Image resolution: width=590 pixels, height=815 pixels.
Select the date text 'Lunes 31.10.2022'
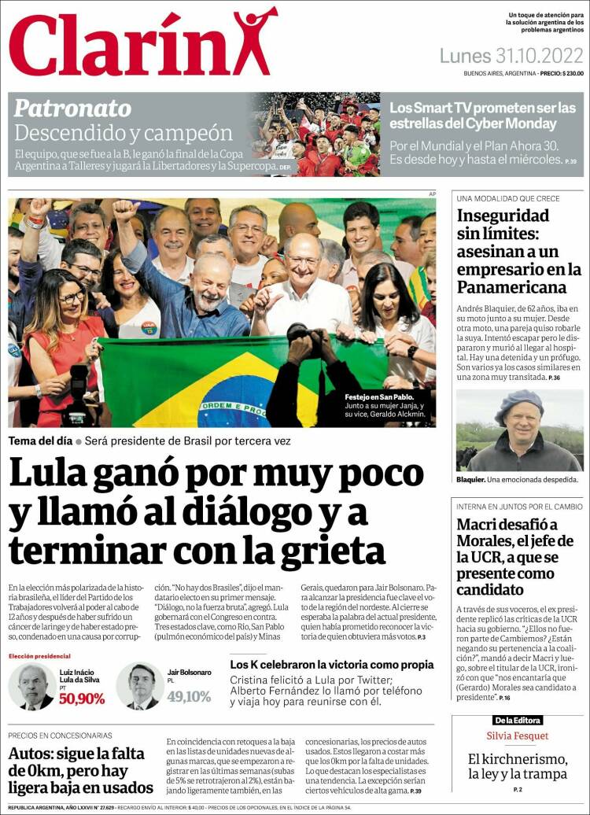coord(511,56)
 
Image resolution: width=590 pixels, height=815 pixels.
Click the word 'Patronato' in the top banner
coord(72,108)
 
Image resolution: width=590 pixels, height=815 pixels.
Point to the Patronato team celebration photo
coord(315,135)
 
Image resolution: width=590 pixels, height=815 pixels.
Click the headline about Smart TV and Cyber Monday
coord(483,116)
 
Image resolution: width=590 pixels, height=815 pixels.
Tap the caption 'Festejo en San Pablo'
coord(376,396)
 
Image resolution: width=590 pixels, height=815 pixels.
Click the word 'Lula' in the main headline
coord(53,474)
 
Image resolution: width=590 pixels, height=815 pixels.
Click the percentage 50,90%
coord(81,698)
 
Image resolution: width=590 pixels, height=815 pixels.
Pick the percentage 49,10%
coord(189,696)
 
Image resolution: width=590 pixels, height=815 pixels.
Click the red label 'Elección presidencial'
coord(39,656)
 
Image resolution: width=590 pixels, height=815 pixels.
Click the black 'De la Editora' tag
coord(518,720)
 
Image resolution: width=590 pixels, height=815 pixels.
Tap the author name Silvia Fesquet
coord(518,736)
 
